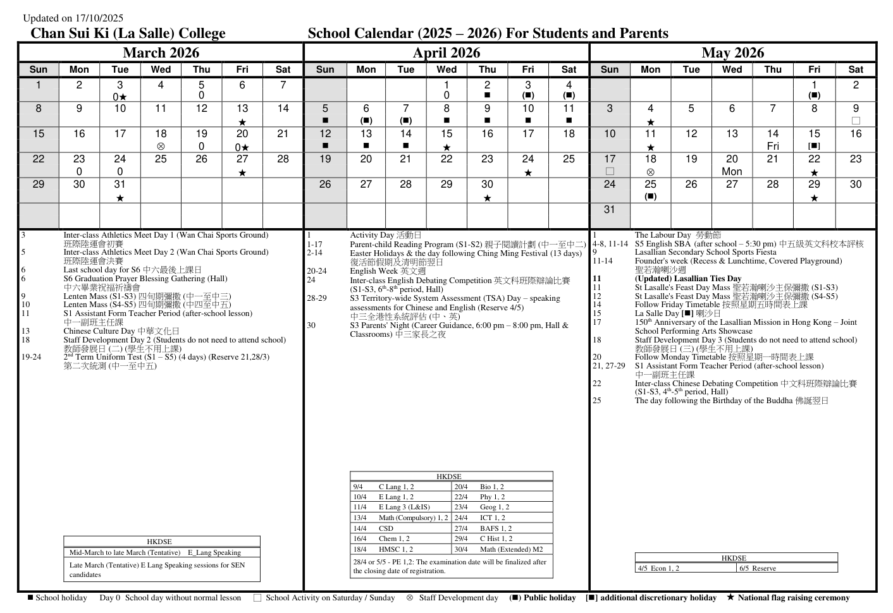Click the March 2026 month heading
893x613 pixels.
161,53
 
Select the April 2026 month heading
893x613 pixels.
446,53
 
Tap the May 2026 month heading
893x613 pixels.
732,53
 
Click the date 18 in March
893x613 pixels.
161,134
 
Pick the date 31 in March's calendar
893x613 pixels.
120,185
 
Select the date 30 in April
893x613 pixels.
487,185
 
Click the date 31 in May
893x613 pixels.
609,210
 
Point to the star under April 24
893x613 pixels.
527,173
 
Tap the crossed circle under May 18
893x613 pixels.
650,172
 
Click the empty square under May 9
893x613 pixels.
855,121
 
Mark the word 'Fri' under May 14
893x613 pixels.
773,146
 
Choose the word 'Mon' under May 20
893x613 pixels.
732,171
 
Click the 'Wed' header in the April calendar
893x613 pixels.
446,70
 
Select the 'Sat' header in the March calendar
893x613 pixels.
283,70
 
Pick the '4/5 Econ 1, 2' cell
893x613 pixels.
658,568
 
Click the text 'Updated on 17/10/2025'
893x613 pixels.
73,18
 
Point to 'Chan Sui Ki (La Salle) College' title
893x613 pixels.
128,33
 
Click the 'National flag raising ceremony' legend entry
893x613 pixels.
793,598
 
